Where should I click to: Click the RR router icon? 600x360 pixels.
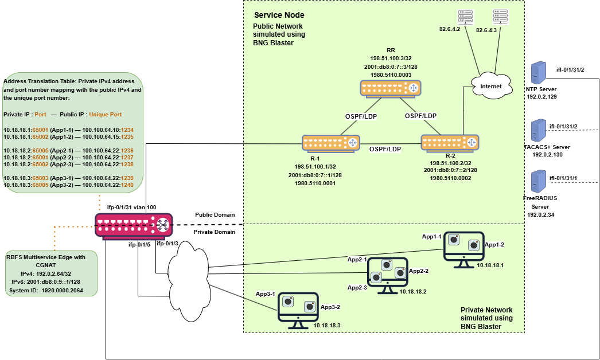point(390,88)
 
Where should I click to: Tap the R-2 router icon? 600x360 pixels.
point(450,142)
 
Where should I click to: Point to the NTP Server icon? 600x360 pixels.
point(537,73)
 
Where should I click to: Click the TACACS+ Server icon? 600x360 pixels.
point(537,130)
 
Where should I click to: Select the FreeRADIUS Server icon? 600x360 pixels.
point(537,182)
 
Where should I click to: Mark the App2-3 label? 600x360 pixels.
point(357,287)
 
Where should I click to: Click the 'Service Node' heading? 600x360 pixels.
point(279,15)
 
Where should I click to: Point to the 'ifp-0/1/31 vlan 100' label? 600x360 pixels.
point(131,207)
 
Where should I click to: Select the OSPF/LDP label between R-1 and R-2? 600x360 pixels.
point(385,149)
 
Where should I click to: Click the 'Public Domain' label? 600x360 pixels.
point(215,215)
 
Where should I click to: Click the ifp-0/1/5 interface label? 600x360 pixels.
point(140,244)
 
